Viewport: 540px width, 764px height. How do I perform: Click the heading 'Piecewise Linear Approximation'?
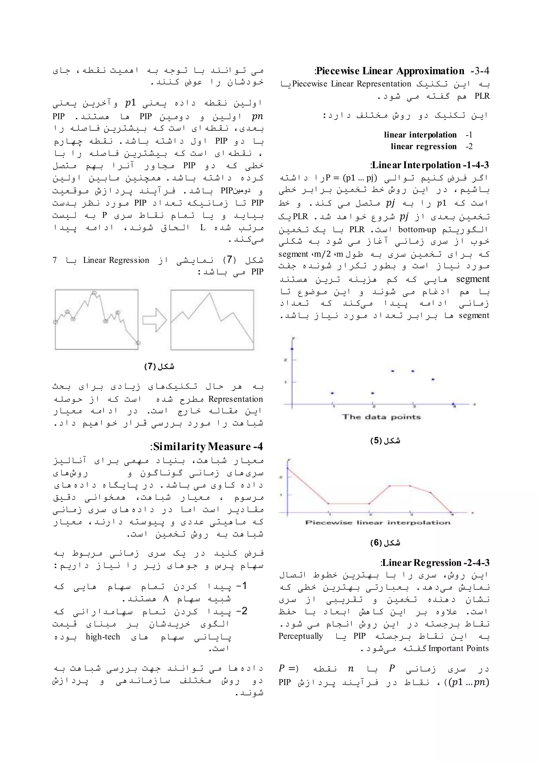click(x=390, y=71)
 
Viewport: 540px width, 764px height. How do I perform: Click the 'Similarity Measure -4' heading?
click(x=206, y=446)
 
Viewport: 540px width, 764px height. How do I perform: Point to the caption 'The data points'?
click(x=381, y=417)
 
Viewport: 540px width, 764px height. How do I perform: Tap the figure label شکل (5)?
click(x=385, y=441)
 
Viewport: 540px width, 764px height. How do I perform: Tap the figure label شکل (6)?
click(x=385, y=543)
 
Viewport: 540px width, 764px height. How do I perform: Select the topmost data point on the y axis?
click(x=292, y=349)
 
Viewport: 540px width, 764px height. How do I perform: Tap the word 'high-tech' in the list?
click(x=103, y=637)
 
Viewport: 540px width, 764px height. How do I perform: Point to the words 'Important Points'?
click(x=459, y=648)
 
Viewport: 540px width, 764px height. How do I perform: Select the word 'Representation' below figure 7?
click(x=235, y=399)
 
